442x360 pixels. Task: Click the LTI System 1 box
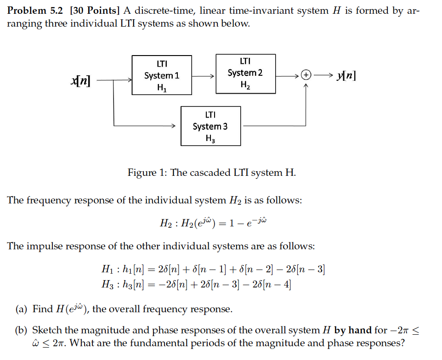(x=162, y=75)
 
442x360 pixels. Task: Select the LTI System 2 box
(x=245, y=73)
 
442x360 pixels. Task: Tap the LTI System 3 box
(x=210, y=126)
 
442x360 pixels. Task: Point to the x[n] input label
(x=80, y=81)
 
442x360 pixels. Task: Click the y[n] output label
(x=346, y=75)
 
